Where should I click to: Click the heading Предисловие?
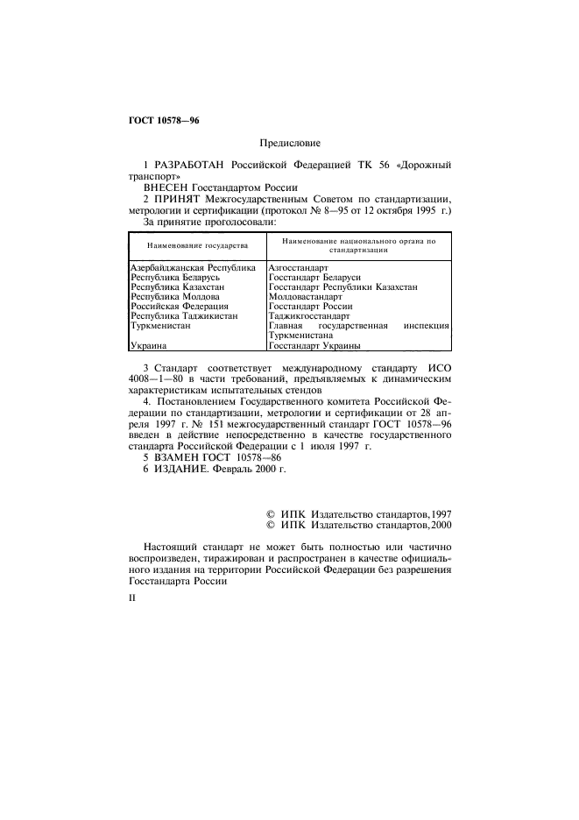pyautogui.click(x=290, y=142)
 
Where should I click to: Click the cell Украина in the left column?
pyautogui.click(x=148, y=370)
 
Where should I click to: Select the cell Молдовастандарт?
pyautogui.click(x=306, y=297)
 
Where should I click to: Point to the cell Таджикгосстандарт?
pyautogui.click(x=309, y=317)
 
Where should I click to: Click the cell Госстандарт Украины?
pyautogui.click(x=315, y=370)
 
